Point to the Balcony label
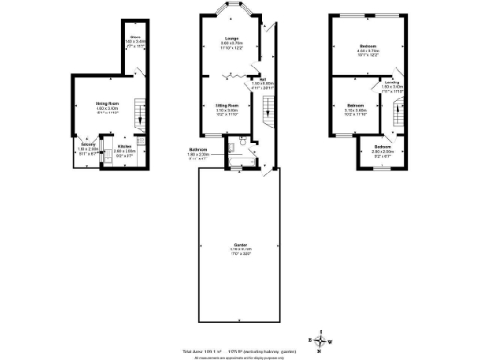[x=87, y=147]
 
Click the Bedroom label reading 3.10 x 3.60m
[x=355, y=106]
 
